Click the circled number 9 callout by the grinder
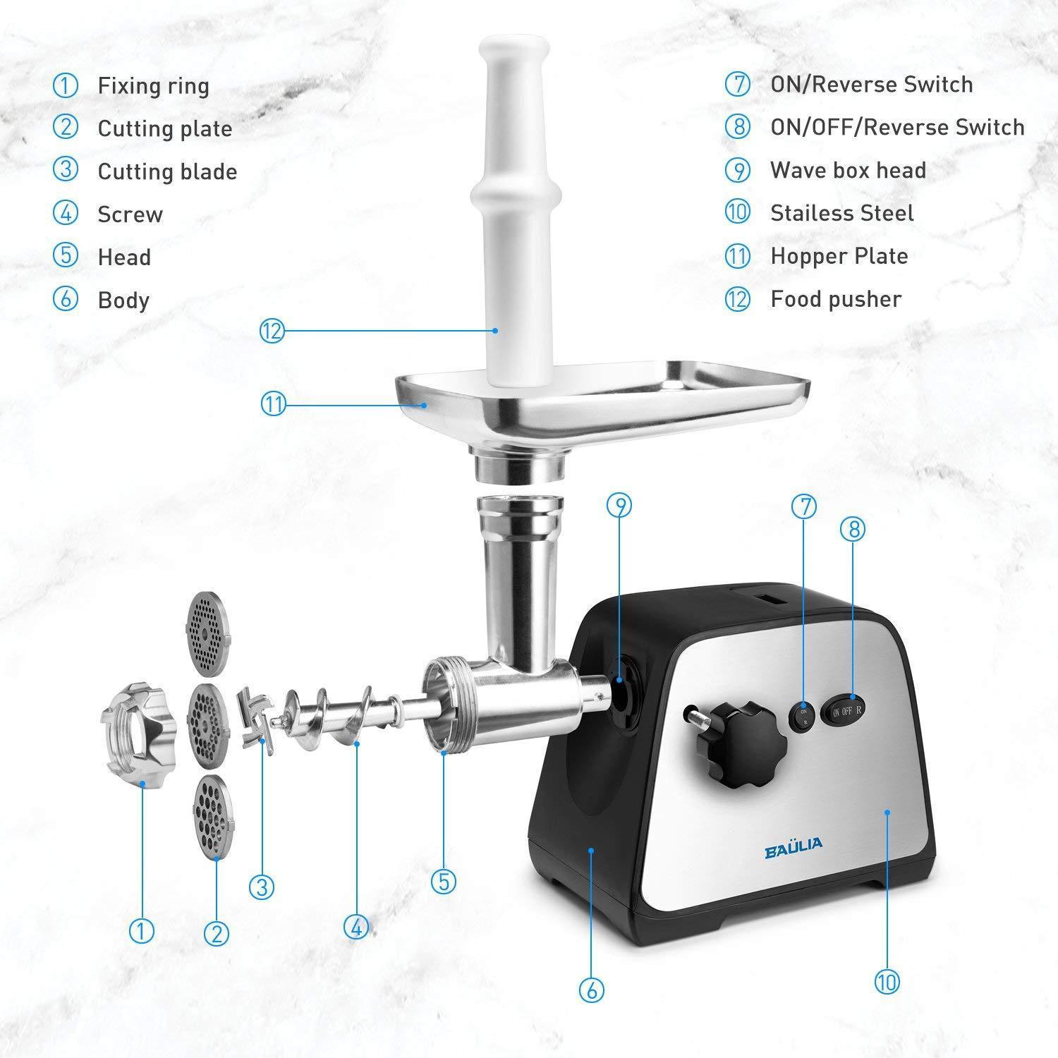[x=619, y=506]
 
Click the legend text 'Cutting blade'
[x=167, y=171]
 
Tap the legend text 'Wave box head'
[x=848, y=170]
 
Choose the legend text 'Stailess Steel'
[x=841, y=213]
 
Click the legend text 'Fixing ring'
[x=153, y=86]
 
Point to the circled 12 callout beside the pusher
[x=272, y=331]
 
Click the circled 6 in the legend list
[x=65, y=299]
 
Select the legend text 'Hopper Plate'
[x=839, y=256]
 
